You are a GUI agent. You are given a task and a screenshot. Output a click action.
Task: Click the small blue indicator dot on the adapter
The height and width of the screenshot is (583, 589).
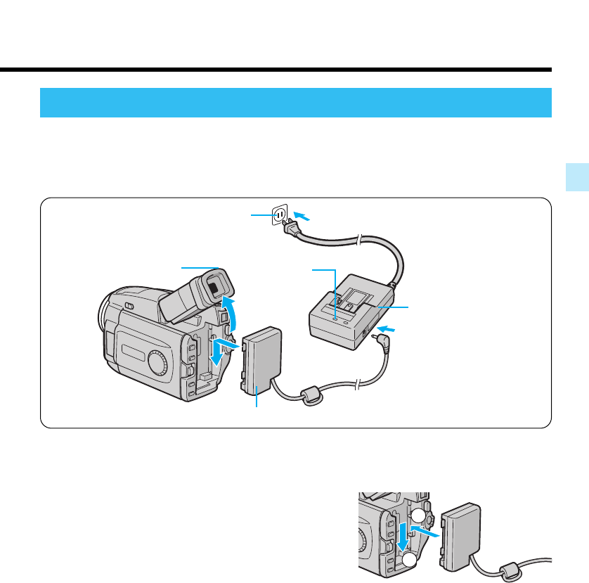pos(335,319)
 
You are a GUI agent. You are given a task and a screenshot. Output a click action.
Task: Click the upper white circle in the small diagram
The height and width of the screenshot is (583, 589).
pos(418,515)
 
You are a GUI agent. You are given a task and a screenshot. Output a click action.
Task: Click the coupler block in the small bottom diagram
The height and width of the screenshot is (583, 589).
pos(460,534)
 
